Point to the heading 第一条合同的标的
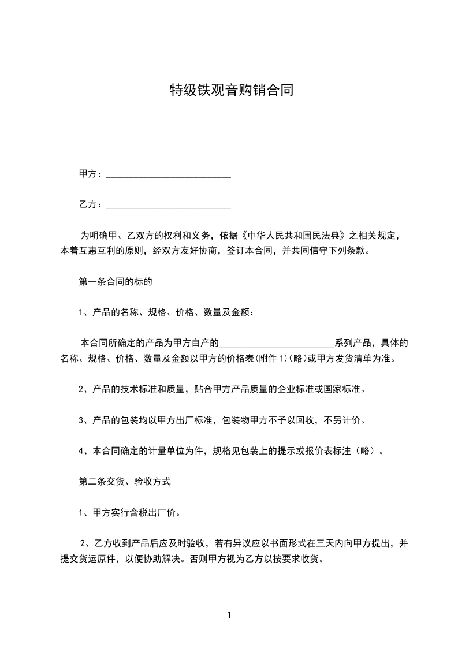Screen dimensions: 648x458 pyautogui.click(x=115, y=282)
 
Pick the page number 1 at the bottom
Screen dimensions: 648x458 pyautogui.click(x=229, y=615)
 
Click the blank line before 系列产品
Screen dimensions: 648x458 pyautogui.click(x=277, y=343)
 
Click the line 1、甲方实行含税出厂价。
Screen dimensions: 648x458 pyautogui.click(x=132, y=511)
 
